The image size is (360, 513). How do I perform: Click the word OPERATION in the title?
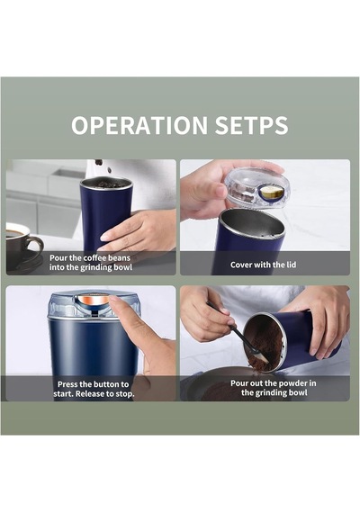pos(139,125)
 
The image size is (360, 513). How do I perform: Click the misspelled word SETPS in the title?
pos(252,125)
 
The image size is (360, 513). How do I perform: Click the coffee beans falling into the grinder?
pos(102,166)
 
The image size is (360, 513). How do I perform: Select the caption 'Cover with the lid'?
pos(263,265)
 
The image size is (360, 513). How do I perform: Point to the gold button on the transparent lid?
pos(270,193)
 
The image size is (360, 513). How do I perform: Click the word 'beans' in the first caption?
pos(119,257)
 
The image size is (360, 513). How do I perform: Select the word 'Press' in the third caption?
pos(68,384)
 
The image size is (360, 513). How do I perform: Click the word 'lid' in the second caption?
pos(292,265)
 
